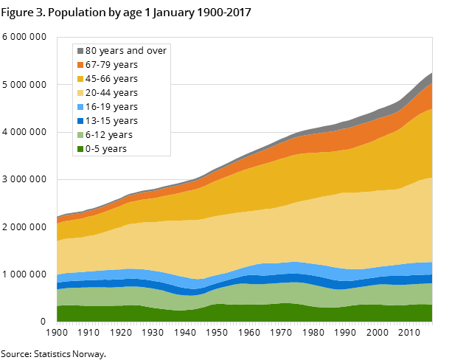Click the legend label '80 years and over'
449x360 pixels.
point(126,51)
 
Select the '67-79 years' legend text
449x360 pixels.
point(111,65)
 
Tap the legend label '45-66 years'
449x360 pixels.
point(111,79)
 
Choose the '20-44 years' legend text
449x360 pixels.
point(111,93)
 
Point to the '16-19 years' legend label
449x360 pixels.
point(111,107)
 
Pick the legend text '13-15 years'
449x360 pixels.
point(111,121)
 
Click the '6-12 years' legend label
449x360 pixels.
point(109,135)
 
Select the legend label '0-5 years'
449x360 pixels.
point(106,149)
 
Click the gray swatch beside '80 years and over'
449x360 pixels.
point(80,51)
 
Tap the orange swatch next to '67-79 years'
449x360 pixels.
point(80,65)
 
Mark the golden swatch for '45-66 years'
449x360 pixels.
point(80,79)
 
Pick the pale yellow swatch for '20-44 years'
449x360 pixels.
point(80,93)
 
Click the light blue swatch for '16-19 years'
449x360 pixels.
point(80,107)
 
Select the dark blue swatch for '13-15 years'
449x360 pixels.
point(80,121)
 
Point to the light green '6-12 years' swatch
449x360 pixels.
point(80,135)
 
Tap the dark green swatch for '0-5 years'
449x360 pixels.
point(80,149)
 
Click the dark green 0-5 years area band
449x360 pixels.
point(243,314)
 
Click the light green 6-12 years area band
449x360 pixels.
point(243,294)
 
